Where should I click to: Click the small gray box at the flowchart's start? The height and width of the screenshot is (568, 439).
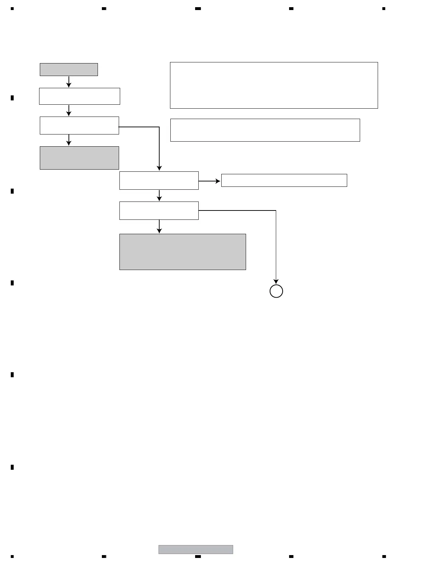coord(69,70)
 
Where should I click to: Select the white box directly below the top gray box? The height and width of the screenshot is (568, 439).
coord(79,96)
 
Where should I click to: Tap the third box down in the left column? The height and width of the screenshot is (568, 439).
coord(79,126)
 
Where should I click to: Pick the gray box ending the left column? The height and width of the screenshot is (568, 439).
coord(79,158)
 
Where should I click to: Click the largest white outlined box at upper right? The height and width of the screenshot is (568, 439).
coord(274,85)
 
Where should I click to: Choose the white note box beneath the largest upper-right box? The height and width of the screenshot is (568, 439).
coord(265,130)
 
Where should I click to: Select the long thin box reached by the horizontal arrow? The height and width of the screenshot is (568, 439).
coord(284,180)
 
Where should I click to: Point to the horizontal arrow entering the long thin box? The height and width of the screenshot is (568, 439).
coord(210,181)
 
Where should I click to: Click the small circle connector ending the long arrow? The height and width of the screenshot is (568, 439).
coord(276,291)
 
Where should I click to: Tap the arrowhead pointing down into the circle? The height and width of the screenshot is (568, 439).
coord(276,281)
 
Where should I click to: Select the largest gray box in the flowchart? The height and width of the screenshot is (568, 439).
coord(183,252)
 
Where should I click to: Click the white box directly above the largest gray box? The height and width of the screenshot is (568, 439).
coord(159,210)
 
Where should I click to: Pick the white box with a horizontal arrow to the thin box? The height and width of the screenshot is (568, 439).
coord(159,180)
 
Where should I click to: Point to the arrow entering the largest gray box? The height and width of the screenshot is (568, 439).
coord(159,227)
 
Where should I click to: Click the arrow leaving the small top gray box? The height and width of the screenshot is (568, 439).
coord(69,82)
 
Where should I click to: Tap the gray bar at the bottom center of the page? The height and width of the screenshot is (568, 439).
coord(196,549)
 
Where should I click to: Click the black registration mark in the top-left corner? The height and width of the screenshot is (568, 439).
coord(12,9)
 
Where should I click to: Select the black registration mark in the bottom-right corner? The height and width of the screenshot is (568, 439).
coord(384,557)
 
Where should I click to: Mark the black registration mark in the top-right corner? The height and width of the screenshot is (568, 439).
coord(384,9)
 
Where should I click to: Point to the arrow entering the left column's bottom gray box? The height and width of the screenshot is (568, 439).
coord(69,140)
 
